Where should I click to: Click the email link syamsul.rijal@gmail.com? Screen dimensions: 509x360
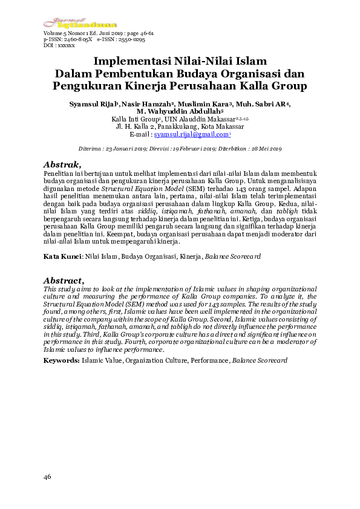(188, 136)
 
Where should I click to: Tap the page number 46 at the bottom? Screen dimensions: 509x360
(47, 478)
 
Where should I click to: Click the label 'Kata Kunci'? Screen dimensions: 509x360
(62, 256)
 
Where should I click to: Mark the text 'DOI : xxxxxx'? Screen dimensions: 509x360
(59, 45)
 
